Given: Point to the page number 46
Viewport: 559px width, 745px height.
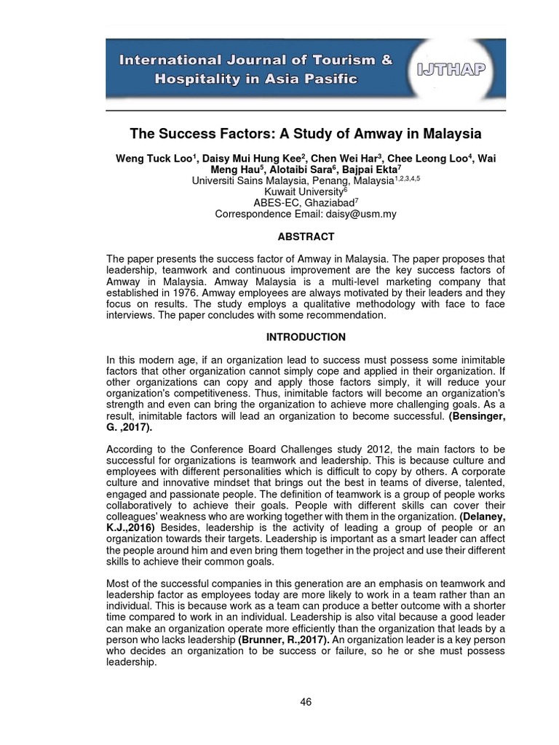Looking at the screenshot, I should (306, 701).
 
